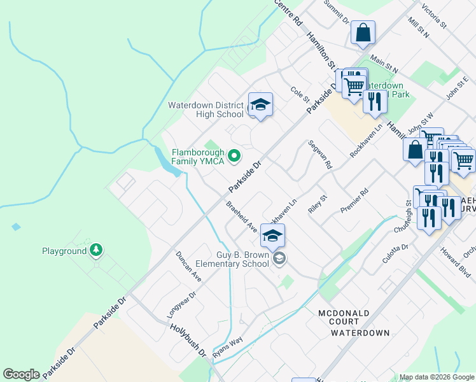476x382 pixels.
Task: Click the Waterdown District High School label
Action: tap(206, 110)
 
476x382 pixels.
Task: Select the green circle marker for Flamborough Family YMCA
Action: tap(234, 155)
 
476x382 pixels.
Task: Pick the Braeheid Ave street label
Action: tap(241, 217)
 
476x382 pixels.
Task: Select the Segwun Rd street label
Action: tap(320, 154)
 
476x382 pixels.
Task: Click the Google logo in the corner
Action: tap(21, 374)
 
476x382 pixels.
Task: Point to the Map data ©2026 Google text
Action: tap(436, 377)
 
